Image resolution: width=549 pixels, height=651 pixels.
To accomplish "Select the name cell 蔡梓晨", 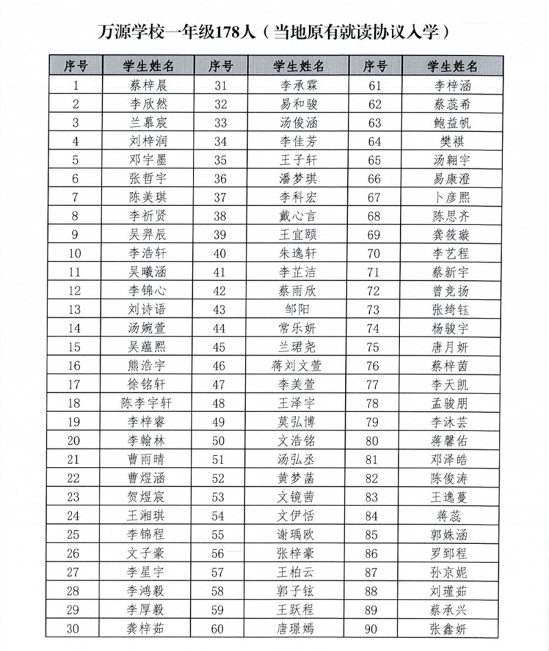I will click(148, 86).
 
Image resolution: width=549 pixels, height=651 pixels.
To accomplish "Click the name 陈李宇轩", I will click(148, 402).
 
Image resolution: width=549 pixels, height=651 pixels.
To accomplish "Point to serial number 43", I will click(220, 309).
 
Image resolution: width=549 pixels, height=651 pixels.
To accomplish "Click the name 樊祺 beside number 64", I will click(452, 142).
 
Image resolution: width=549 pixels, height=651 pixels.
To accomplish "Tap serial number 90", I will click(374, 628).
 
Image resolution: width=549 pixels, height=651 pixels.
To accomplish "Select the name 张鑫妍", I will click(452, 628).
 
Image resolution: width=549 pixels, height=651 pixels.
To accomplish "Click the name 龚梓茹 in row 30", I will click(148, 628).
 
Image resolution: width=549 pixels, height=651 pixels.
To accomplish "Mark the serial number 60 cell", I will click(220, 628).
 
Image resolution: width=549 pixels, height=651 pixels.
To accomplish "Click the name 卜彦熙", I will click(452, 198).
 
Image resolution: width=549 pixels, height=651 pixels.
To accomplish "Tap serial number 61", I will click(374, 86).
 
